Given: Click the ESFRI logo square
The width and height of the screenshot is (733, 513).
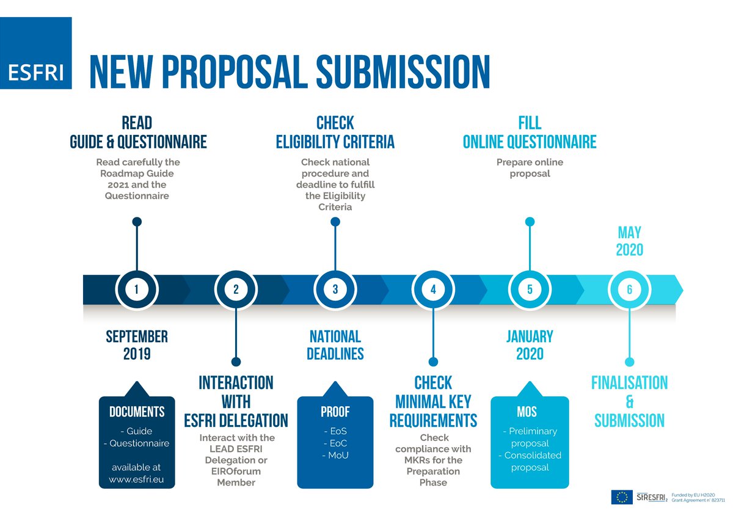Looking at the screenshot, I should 35,53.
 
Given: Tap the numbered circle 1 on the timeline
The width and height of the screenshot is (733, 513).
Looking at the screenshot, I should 137,289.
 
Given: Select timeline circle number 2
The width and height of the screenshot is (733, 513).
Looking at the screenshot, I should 236,289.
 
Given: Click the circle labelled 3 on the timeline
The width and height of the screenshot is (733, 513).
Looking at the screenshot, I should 335,289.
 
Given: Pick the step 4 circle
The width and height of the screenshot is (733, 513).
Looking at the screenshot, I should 433,289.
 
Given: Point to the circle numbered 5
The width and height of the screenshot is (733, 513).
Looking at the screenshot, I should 530,289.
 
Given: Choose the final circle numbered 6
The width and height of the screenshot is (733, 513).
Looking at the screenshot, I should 629,289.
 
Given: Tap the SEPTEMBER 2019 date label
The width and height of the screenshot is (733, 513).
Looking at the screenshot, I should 137,345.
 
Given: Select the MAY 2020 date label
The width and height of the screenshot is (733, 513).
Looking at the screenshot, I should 629,241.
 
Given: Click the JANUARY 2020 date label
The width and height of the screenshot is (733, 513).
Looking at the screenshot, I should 530,345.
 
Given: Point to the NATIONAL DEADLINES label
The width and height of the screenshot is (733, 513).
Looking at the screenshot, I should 335,345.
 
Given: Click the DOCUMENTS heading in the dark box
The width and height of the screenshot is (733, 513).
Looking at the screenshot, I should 137,412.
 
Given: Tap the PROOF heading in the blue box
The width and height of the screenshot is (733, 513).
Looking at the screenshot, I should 335,412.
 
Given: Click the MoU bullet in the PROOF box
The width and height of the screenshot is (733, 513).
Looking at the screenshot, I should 335,454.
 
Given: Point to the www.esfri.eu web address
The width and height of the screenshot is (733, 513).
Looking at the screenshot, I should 137,479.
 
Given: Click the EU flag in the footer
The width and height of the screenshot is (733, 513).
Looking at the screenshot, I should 623,497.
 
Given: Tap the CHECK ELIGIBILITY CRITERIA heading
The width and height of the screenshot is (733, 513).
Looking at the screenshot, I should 335,132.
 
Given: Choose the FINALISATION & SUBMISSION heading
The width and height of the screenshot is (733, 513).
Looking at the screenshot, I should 629,401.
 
